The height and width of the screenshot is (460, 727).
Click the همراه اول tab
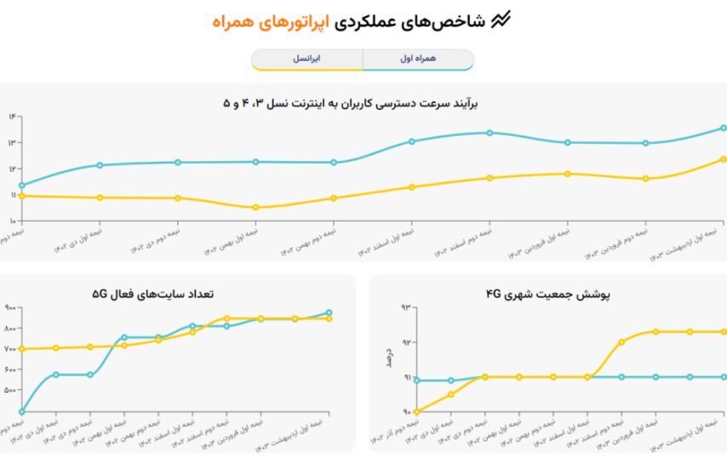click(x=417, y=60)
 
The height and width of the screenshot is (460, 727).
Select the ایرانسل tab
click(x=306, y=60)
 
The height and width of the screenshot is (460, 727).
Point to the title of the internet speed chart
click(x=351, y=103)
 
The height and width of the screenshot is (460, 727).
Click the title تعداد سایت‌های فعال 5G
click(x=153, y=294)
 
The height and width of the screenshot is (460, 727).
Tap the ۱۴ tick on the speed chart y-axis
click(x=12, y=116)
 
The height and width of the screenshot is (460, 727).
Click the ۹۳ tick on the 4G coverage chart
click(x=406, y=307)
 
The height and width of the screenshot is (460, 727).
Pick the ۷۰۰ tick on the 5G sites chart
click(x=10, y=349)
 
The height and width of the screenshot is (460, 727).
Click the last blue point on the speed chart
click(x=723, y=128)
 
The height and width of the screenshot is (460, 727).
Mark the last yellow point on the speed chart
click(x=723, y=159)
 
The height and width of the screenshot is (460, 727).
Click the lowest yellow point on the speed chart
click(x=256, y=207)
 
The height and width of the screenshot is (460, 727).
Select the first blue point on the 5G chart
click(x=21, y=411)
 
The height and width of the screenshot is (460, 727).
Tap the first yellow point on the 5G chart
click(x=21, y=349)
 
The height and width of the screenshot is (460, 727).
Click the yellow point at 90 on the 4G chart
click(x=416, y=411)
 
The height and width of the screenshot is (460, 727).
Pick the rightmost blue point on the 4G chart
click(x=723, y=377)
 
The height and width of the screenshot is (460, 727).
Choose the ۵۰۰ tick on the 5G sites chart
click(x=10, y=390)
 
